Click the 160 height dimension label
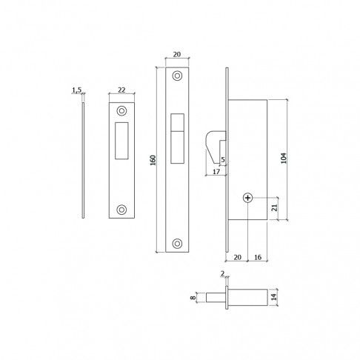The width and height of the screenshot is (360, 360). [x=153, y=160]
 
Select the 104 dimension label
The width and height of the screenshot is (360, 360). [x=284, y=158]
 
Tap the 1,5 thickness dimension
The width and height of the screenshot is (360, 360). [x=76, y=90]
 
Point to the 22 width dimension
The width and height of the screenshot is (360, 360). [x=121, y=90]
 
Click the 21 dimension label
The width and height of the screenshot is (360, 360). [x=274, y=207]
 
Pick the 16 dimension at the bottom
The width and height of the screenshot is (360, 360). [x=258, y=257]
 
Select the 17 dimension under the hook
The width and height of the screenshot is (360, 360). [x=216, y=172]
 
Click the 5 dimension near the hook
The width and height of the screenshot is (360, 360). [x=223, y=160]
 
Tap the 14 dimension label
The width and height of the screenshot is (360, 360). [x=274, y=297]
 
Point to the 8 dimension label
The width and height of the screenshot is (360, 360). [x=193, y=297]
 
